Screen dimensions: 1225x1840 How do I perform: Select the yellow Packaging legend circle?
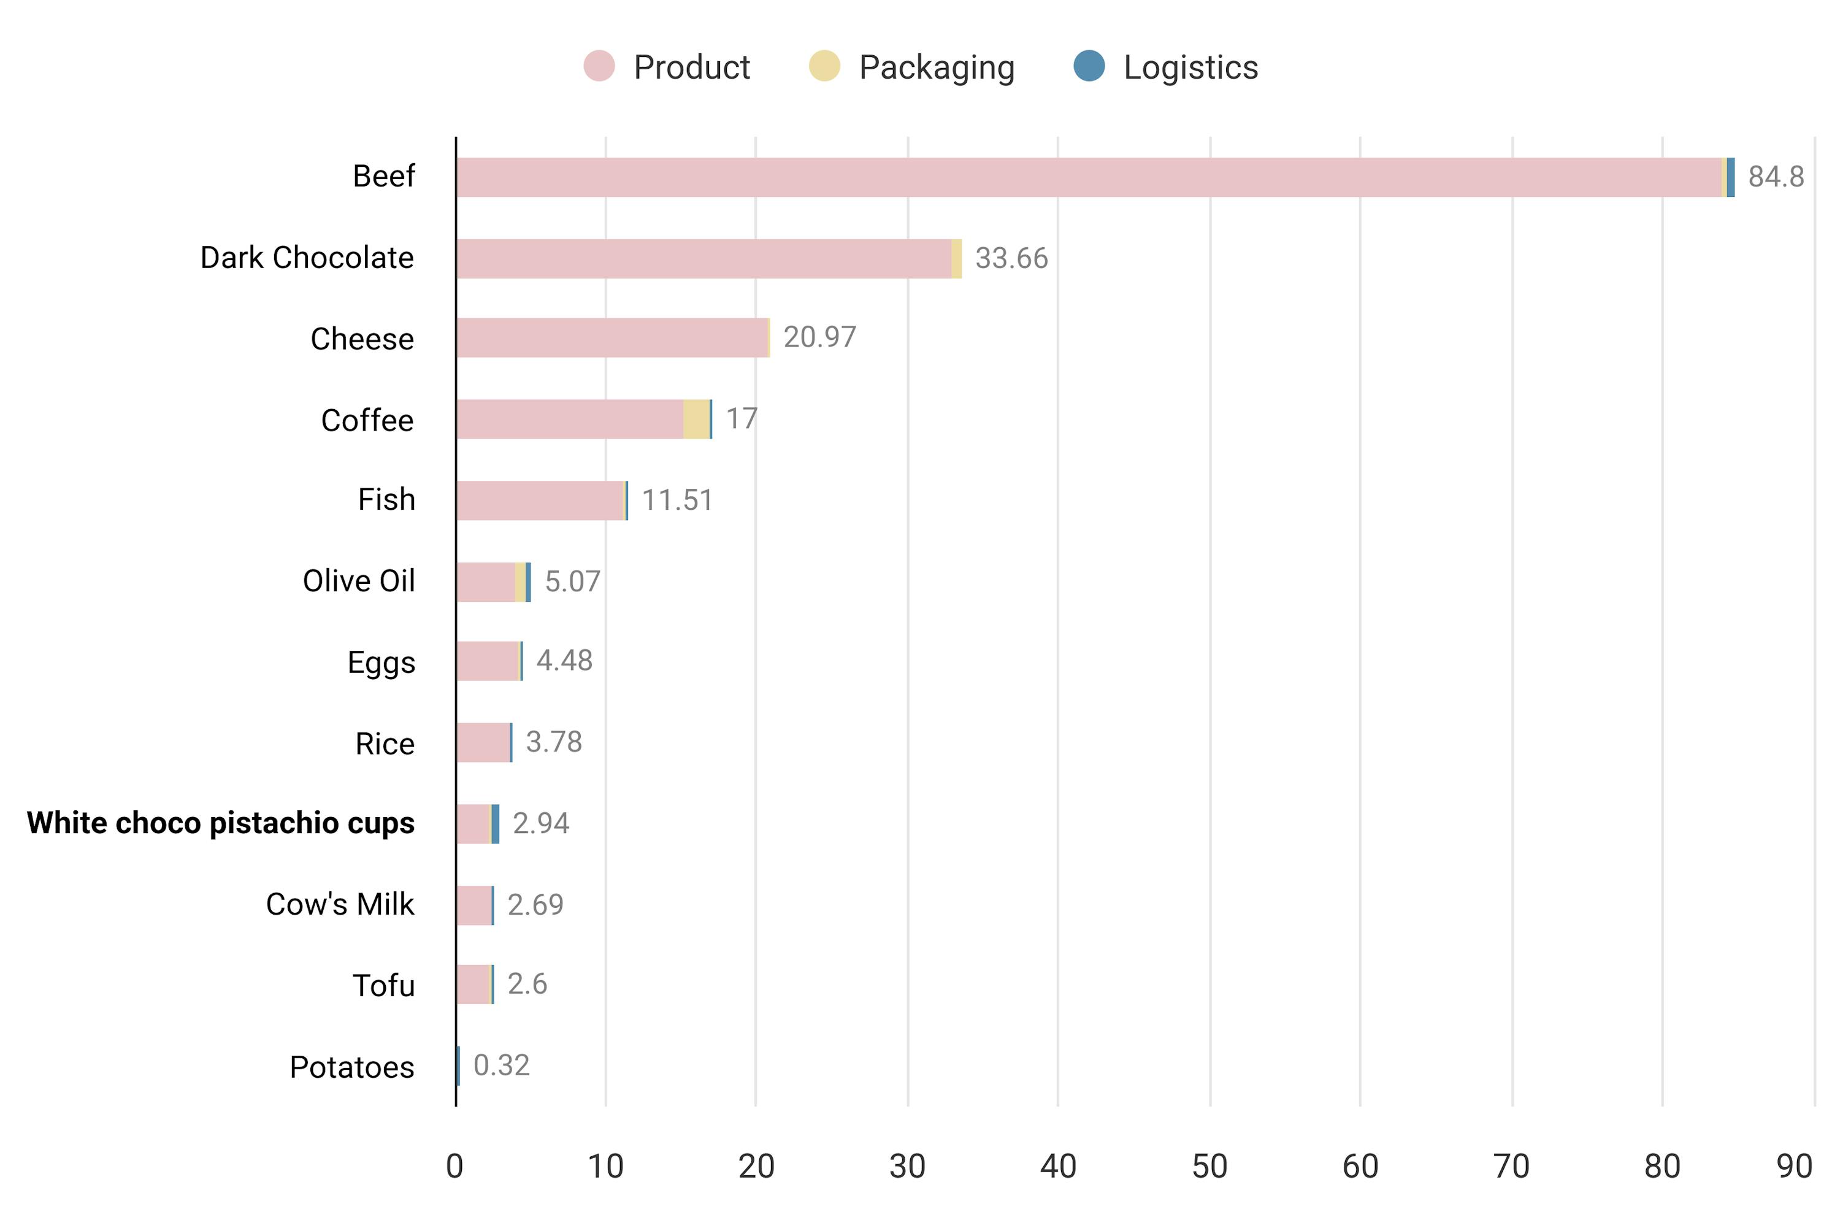point(824,66)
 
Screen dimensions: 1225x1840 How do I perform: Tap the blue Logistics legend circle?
point(1088,66)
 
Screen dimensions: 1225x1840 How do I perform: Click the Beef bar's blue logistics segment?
point(1731,177)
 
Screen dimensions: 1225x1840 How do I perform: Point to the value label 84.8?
point(1775,177)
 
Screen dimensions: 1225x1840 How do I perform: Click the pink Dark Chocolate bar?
point(703,259)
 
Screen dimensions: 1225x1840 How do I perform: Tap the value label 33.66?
point(1011,259)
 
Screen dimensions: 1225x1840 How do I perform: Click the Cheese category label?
point(362,339)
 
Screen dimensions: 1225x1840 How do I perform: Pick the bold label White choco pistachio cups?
point(220,823)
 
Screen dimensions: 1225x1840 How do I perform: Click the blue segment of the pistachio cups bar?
point(495,823)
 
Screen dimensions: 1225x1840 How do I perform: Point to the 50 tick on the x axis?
point(1209,1166)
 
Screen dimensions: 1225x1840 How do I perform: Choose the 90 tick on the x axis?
point(1794,1166)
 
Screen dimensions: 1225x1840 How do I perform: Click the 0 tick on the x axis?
point(454,1166)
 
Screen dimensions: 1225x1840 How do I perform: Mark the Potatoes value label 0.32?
point(501,1065)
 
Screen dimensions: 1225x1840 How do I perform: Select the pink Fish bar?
point(539,500)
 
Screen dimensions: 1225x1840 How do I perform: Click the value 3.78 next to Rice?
point(554,742)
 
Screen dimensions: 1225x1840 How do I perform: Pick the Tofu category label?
point(383,985)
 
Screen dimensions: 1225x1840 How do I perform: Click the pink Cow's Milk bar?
point(473,905)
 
